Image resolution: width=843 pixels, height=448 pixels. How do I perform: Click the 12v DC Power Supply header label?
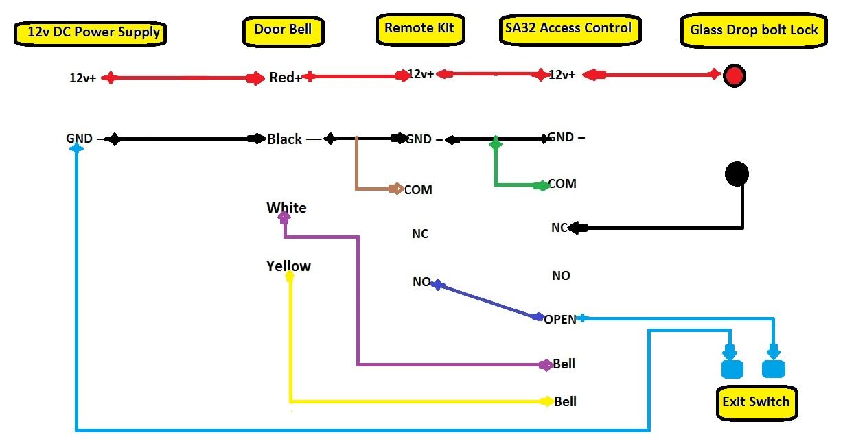coord(90,32)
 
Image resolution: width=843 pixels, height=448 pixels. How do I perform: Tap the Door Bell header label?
coord(283,30)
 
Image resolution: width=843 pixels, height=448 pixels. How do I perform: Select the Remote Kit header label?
coord(420,28)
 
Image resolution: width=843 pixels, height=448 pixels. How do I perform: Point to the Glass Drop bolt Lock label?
coord(754,30)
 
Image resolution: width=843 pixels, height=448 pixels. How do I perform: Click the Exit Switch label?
coord(756,401)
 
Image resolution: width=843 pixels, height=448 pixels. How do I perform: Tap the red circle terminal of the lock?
coord(735,75)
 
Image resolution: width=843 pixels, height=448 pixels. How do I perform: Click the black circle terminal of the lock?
coord(737,174)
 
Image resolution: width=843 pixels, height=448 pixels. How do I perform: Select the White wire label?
coord(286,208)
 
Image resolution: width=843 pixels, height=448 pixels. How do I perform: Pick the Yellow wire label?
coord(288,266)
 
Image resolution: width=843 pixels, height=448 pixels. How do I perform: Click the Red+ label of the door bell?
coord(285,78)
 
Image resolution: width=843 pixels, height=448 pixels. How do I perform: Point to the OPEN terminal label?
coord(560,319)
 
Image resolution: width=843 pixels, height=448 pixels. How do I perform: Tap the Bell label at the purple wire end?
coord(564,364)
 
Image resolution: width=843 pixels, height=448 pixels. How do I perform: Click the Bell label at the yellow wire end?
coord(565,401)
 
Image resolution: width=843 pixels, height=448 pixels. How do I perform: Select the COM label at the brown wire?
coord(418,190)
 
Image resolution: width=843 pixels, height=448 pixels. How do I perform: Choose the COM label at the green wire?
coord(562,184)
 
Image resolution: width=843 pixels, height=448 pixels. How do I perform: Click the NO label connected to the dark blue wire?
coord(421,282)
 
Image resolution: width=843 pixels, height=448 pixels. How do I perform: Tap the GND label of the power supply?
coord(79,138)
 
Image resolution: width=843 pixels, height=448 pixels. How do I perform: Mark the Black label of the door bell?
coord(285,139)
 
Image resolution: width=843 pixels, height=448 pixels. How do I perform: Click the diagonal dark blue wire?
coord(486,300)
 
